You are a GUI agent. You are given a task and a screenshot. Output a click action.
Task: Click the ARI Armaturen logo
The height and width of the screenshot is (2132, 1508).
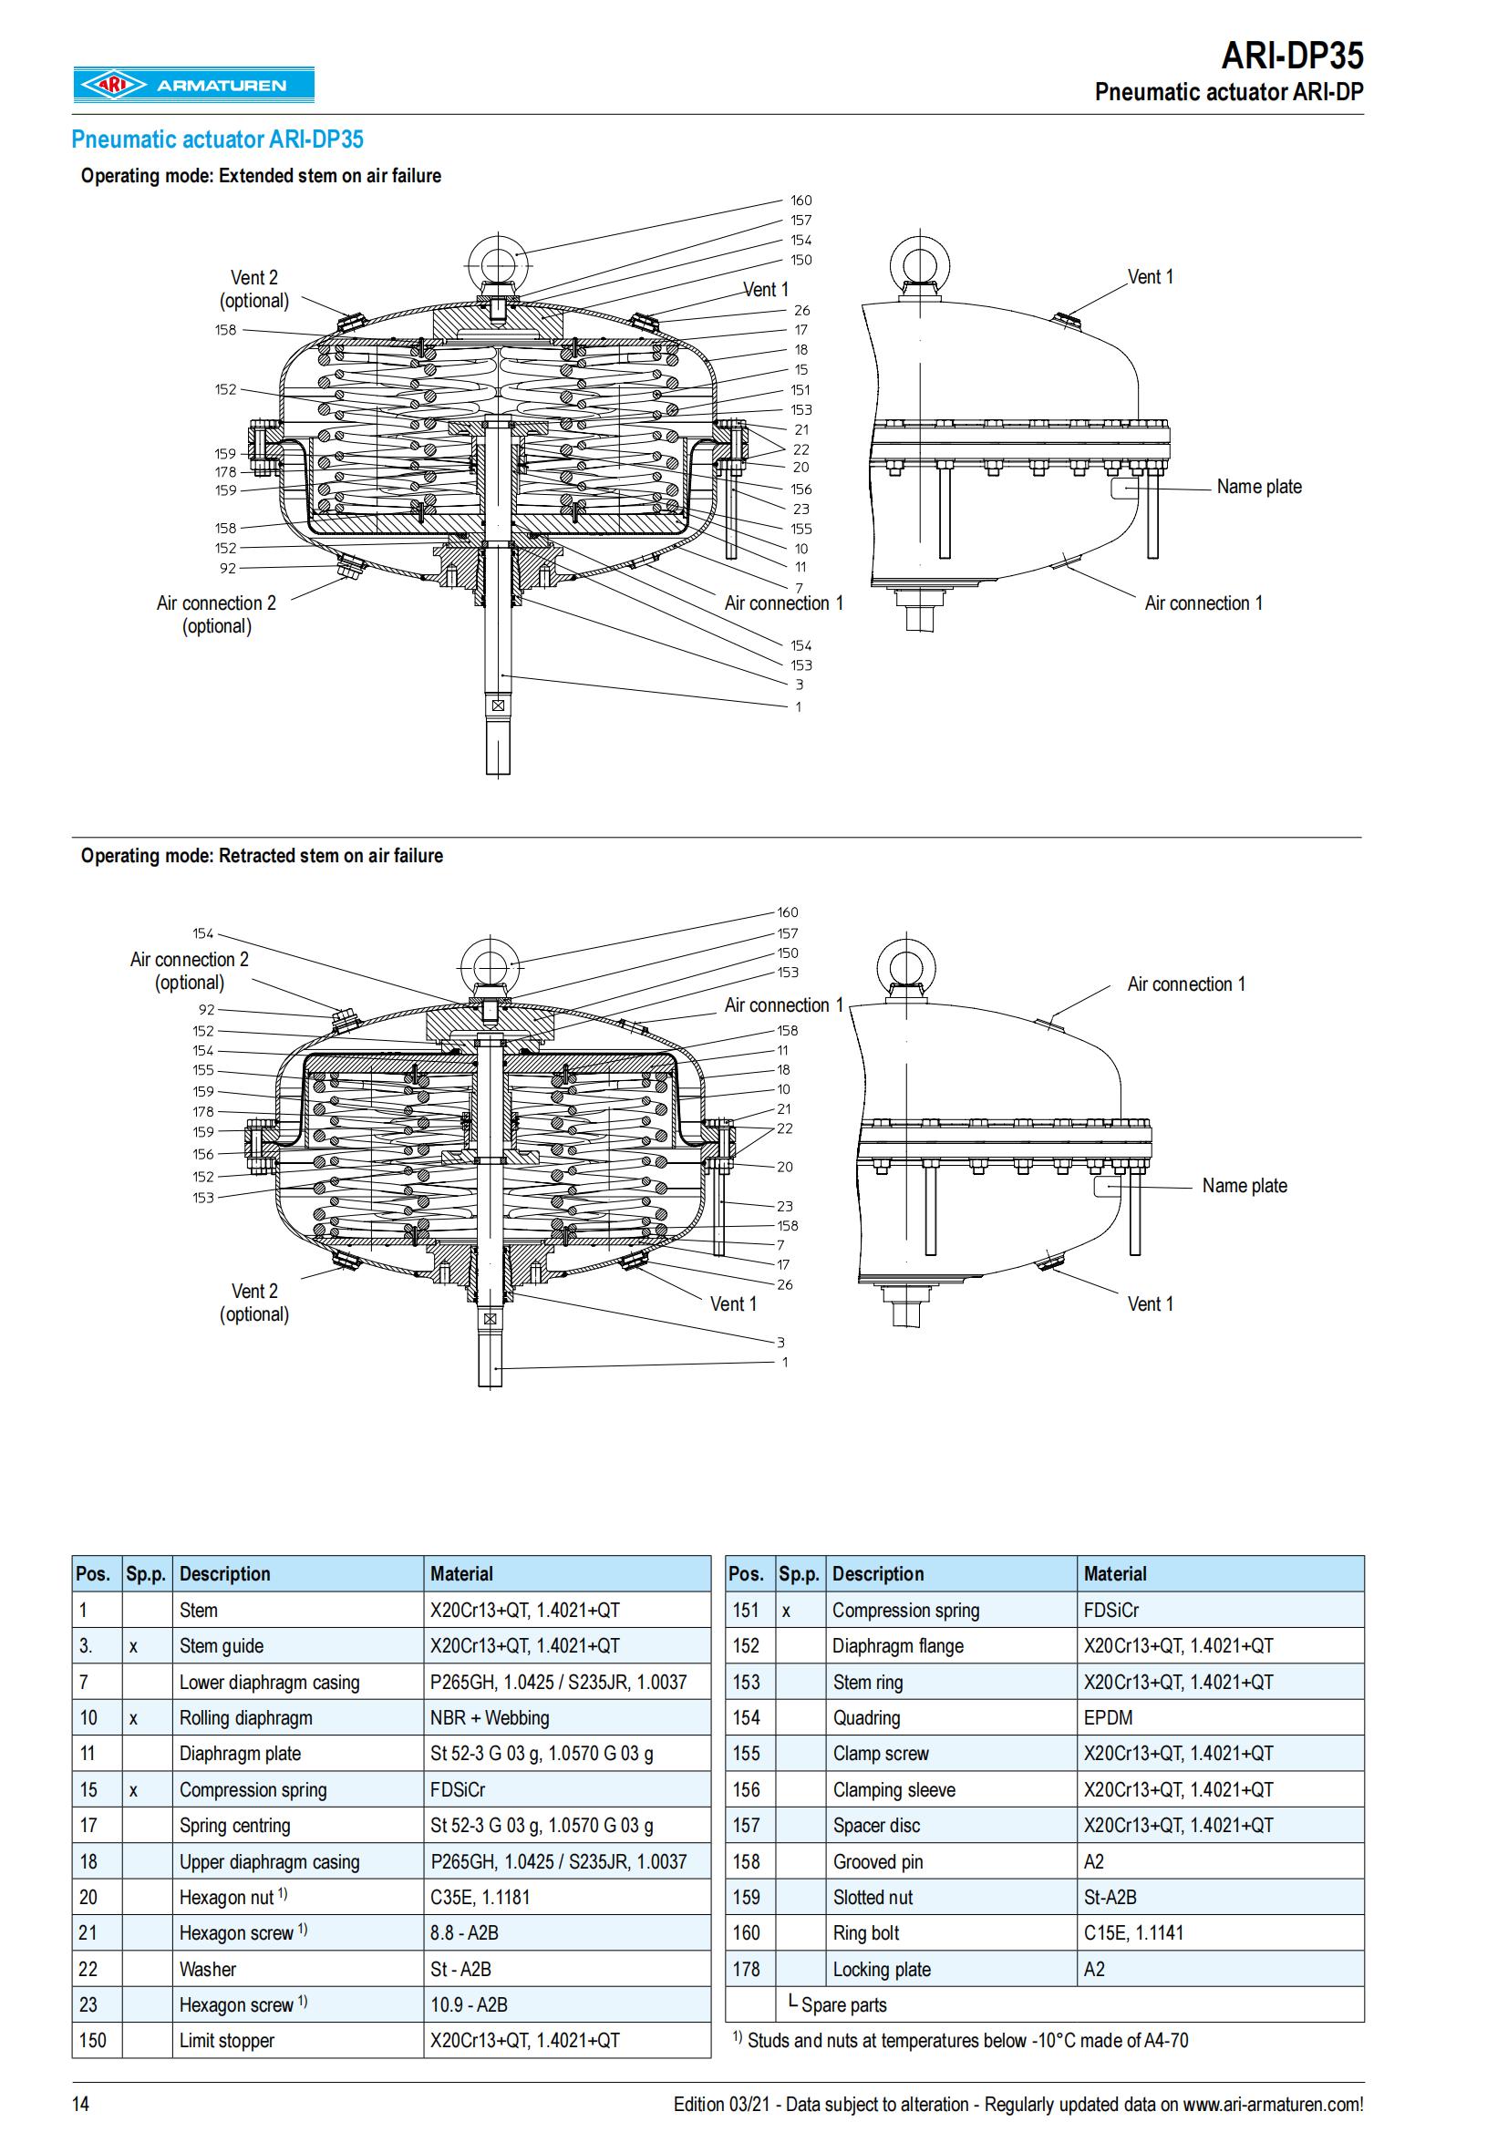[193, 86]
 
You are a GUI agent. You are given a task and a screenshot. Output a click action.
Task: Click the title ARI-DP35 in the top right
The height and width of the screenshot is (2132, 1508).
[1292, 57]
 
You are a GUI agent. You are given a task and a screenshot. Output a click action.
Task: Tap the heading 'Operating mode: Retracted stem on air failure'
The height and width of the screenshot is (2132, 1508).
[261, 855]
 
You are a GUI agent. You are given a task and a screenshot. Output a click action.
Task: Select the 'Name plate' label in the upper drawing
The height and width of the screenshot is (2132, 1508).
[1258, 487]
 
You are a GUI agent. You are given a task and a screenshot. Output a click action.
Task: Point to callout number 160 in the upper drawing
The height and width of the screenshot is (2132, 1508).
[800, 201]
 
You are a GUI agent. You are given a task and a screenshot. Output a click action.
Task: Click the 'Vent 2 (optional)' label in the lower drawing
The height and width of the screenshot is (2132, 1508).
[253, 1302]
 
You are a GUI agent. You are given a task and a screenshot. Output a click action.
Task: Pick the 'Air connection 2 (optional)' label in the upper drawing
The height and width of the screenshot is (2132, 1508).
[216, 613]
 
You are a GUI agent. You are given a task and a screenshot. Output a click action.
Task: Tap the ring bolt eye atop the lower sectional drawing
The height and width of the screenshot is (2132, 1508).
[491, 964]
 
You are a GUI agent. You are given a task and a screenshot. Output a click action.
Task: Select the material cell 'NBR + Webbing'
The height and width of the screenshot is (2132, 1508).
[490, 1718]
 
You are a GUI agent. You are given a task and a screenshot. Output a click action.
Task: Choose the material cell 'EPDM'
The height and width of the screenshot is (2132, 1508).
[1108, 1718]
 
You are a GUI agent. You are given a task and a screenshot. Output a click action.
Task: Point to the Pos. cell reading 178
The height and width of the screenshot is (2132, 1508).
[746, 1970]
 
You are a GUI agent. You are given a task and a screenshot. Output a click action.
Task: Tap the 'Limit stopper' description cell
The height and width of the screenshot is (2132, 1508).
[227, 2041]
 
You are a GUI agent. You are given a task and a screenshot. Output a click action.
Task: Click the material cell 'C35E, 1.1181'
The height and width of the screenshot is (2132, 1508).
[480, 1897]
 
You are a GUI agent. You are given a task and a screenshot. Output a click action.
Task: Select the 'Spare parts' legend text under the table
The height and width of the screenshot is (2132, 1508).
[843, 2004]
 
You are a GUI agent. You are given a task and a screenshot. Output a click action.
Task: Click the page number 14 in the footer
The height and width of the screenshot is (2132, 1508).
[82, 2103]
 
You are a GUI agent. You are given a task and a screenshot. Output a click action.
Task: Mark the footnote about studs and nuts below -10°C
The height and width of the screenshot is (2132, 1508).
[960, 2040]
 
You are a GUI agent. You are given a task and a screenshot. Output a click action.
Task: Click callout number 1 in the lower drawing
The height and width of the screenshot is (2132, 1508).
[785, 1362]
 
